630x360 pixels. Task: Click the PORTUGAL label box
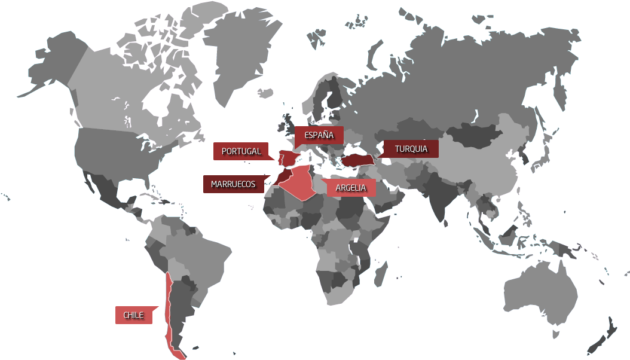click(241, 151)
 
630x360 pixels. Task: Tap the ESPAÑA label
click(318, 136)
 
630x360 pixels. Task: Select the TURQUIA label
click(411, 149)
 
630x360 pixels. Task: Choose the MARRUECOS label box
click(233, 184)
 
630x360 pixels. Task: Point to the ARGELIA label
click(351, 188)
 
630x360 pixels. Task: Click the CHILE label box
click(133, 315)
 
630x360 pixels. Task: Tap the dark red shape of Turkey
click(357, 158)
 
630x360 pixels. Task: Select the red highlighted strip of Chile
click(170, 311)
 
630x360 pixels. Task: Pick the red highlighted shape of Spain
click(289, 158)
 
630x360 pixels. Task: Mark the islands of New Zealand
click(604, 335)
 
